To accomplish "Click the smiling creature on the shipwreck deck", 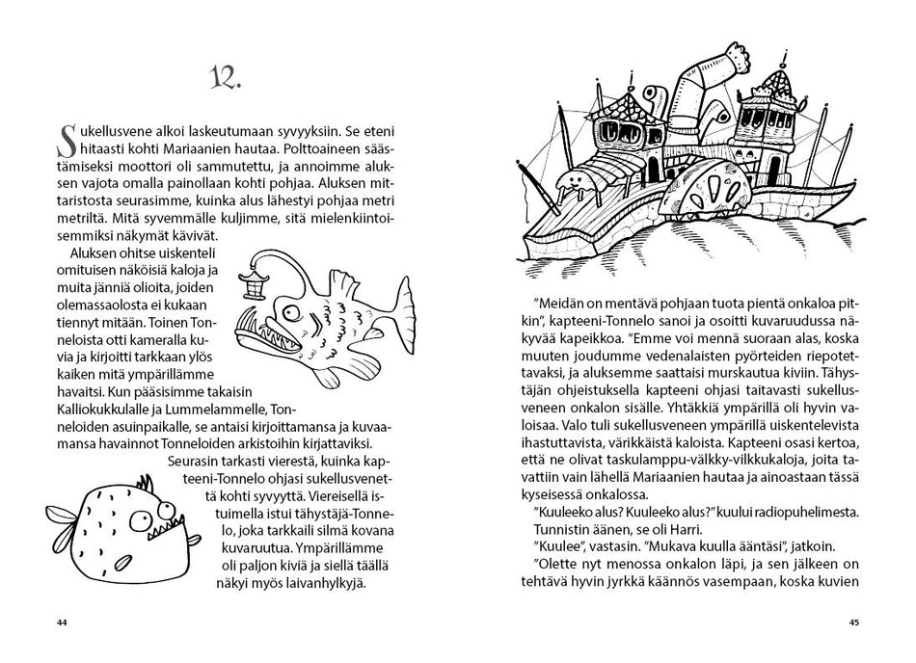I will [x=572, y=182].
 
